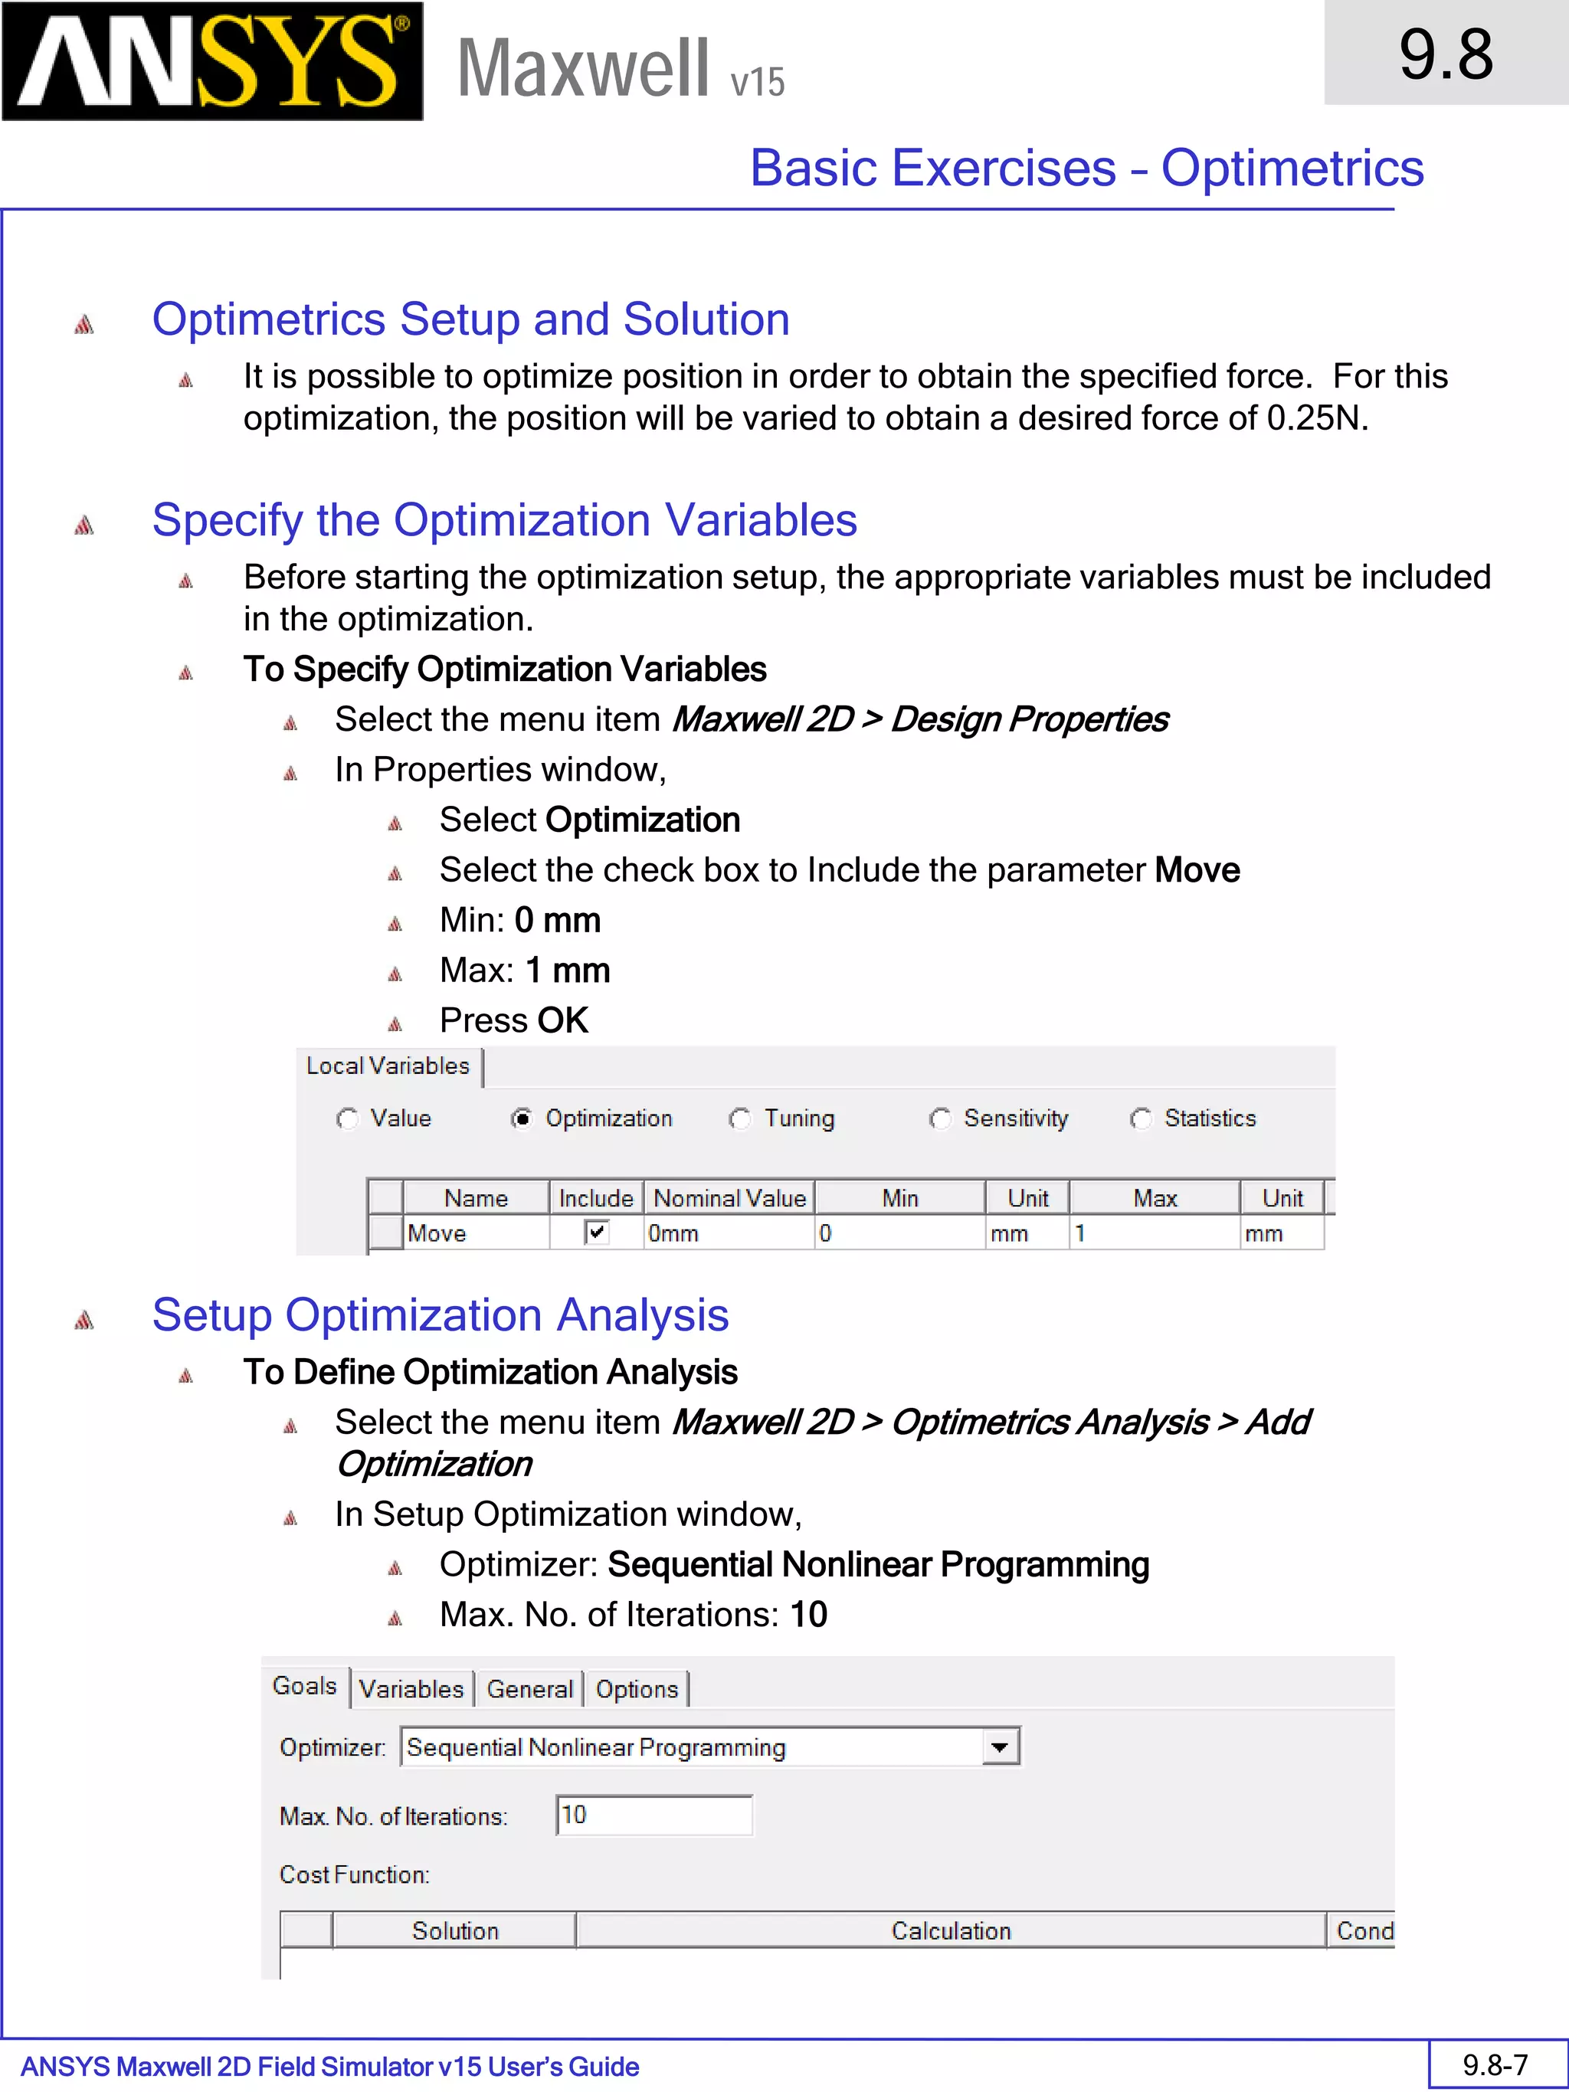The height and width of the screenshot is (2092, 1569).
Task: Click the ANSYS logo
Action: click(x=213, y=61)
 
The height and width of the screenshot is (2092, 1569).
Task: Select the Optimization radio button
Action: click(x=521, y=1119)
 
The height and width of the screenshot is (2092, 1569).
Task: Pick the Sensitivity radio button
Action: click(x=939, y=1119)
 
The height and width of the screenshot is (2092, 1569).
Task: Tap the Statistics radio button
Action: click(x=1141, y=1119)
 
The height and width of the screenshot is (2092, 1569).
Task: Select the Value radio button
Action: click(x=347, y=1119)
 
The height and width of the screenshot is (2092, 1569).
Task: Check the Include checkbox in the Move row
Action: click(x=596, y=1233)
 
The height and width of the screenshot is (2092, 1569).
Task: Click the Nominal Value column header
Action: click(x=729, y=1198)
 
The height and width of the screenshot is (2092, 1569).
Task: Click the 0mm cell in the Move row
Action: click(x=729, y=1233)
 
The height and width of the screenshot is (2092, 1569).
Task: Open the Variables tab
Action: click(x=411, y=1689)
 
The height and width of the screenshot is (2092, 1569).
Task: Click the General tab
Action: click(x=529, y=1689)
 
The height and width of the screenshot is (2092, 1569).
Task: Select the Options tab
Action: click(x=637, y=1689)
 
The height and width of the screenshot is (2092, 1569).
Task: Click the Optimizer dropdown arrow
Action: click(x=1000, y=1748)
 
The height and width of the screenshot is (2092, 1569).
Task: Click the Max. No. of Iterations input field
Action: click(x=654, y=1815)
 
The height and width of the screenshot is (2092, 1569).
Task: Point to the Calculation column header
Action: click(x=951, y=1930)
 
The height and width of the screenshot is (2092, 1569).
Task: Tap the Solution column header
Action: click(x=455, y=1930)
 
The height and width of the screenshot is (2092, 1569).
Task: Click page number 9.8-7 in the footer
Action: click(x=1495, y=2064)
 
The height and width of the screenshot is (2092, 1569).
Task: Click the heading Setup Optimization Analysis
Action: click(x=441, y=1315)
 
